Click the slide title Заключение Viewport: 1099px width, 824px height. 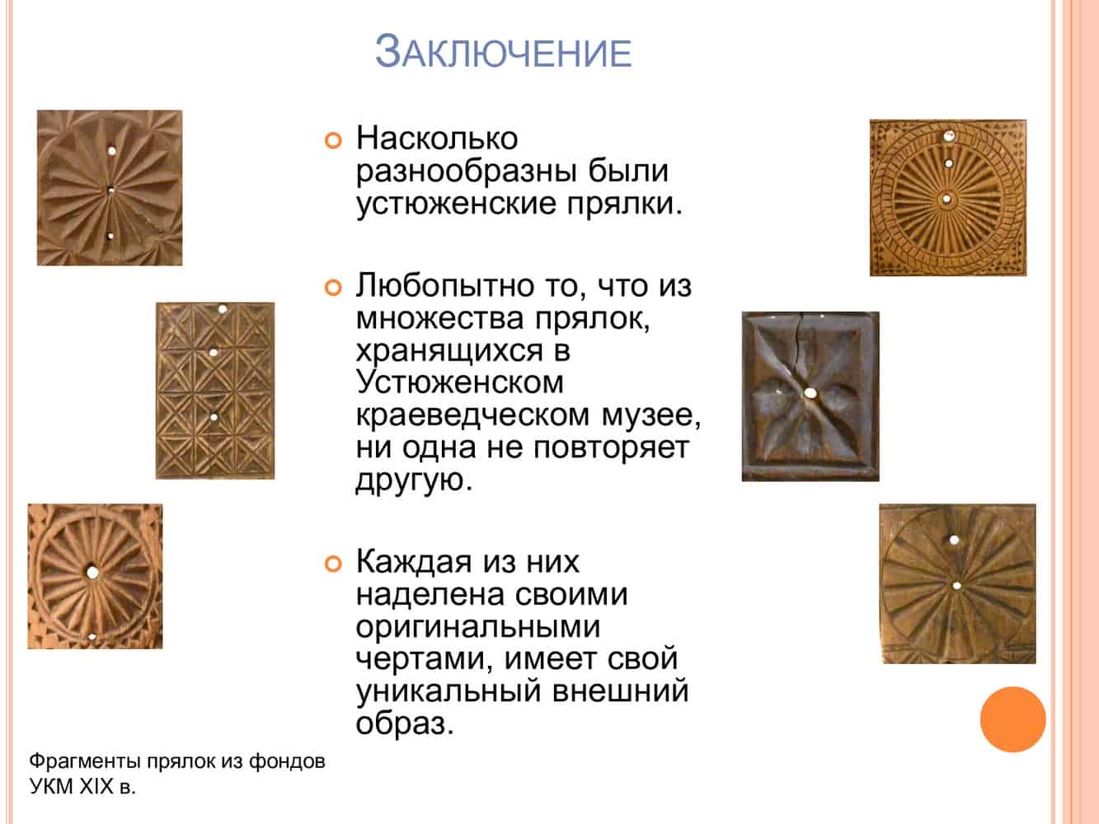[x=503, y=51]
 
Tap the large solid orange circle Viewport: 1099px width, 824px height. [x=1013, y=719]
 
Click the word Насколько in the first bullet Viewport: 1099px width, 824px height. [x=437, y=138]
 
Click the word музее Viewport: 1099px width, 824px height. [x=650, y=415]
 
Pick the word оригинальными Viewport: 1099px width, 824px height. [x=477, y=627]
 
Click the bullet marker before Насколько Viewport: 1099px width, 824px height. [x=333, y=141]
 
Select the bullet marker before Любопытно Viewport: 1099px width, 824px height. [x=333, y=288]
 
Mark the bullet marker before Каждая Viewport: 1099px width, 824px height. [x=333, y=564]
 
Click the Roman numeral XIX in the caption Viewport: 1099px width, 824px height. [x=96, y=786]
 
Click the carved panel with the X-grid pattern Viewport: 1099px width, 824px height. [x=215, y=391]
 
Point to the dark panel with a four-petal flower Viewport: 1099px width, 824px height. [x=810, y=396]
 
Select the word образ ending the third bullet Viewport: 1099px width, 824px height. [x=405, y=723]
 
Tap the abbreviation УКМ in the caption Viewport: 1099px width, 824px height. [x=52, y=786]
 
